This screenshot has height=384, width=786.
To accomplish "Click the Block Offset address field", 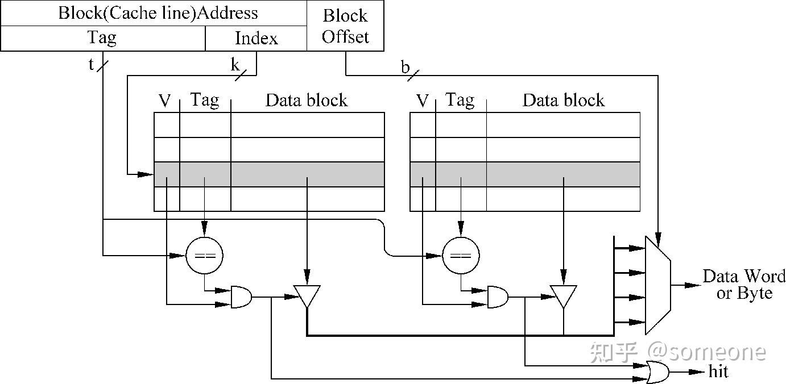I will pos(345,26).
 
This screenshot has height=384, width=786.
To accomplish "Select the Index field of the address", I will pos(256,38).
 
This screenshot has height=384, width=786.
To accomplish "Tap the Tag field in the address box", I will pos(102,38).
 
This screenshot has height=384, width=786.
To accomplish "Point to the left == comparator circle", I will pos(204,256).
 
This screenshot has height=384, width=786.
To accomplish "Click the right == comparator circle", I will pos(461,256).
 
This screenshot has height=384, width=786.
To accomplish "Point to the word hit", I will pos(718,372).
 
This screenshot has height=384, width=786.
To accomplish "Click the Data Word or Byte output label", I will pos(744,284).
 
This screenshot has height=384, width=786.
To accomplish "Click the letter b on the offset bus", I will pos(405,68).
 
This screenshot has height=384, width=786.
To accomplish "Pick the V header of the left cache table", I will pos(164,101).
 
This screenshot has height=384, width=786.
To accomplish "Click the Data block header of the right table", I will pos(563,101).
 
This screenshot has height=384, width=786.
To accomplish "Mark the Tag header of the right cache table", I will pos(460,101).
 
